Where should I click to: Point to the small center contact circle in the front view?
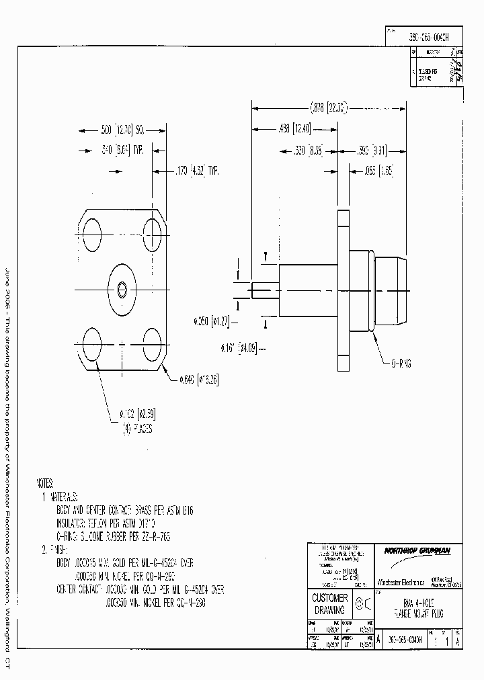(122, 290)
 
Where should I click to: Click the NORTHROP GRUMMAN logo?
(417, 550)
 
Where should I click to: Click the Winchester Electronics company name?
(399, 581)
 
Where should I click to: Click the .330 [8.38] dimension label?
(308, 151)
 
